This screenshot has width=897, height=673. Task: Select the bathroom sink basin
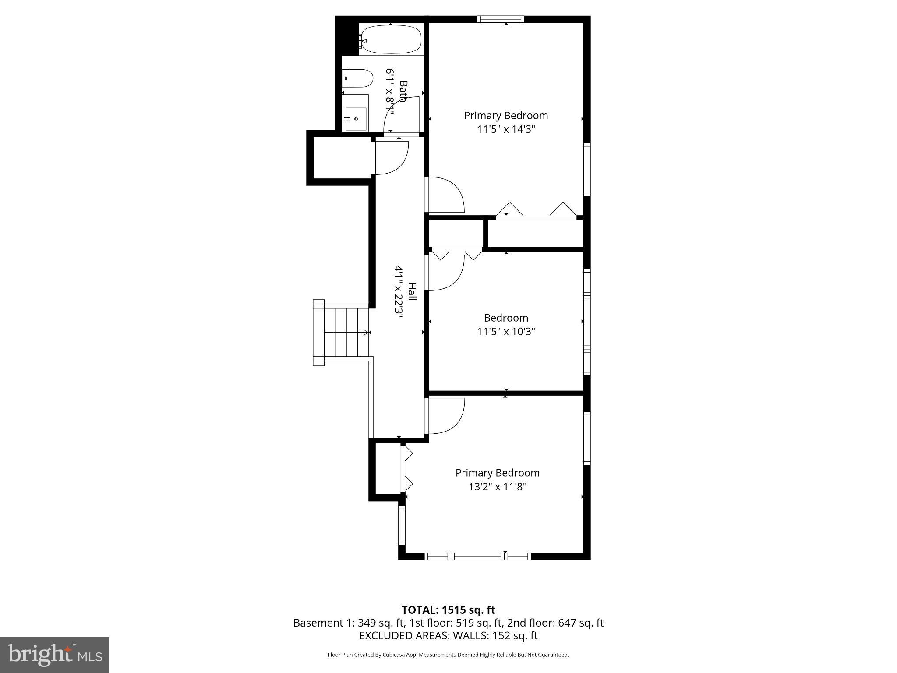[x=355, y=119]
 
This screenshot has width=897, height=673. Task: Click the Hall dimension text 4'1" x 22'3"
[x=399, y=294]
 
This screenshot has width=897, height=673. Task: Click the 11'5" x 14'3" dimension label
[x=506, y=129]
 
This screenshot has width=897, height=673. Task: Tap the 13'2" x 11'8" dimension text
[x=497, y=487]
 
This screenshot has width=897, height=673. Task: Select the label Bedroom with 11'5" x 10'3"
[x=506, y=318]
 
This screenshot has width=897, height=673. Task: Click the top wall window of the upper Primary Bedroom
[x=500, y=19]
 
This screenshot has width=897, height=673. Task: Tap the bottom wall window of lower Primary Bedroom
[x=478, y=556]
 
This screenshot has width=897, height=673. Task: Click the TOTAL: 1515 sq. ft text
[x=448, y=610]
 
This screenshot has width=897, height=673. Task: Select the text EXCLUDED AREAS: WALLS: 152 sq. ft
[x=448, y=636]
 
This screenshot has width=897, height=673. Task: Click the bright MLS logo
[x=54, y=655]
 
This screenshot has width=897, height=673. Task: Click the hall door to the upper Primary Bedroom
[x=445, y=195]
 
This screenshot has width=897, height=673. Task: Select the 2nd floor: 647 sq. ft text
[x=555, y=623]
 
